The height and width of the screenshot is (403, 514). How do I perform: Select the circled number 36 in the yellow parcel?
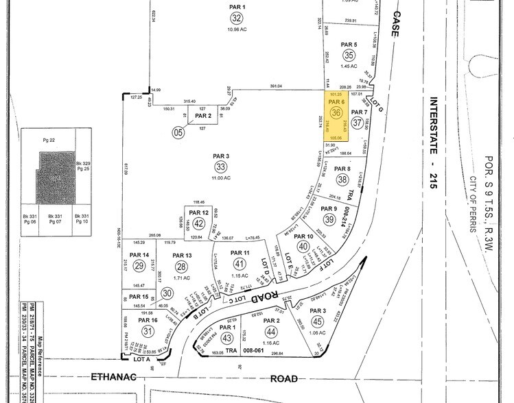[x=336, y=113]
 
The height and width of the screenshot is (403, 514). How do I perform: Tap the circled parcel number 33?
[x=220, y=167]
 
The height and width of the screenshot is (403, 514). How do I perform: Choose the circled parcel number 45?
[x=316, y=321]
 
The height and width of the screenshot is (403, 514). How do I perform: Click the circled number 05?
[x=178, y=133]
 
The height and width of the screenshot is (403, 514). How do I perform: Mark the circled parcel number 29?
[x=139, y=266]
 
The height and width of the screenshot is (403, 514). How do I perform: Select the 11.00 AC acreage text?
[x=220, y=178]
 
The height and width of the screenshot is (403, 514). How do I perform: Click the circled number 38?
[x=342, y=180]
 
